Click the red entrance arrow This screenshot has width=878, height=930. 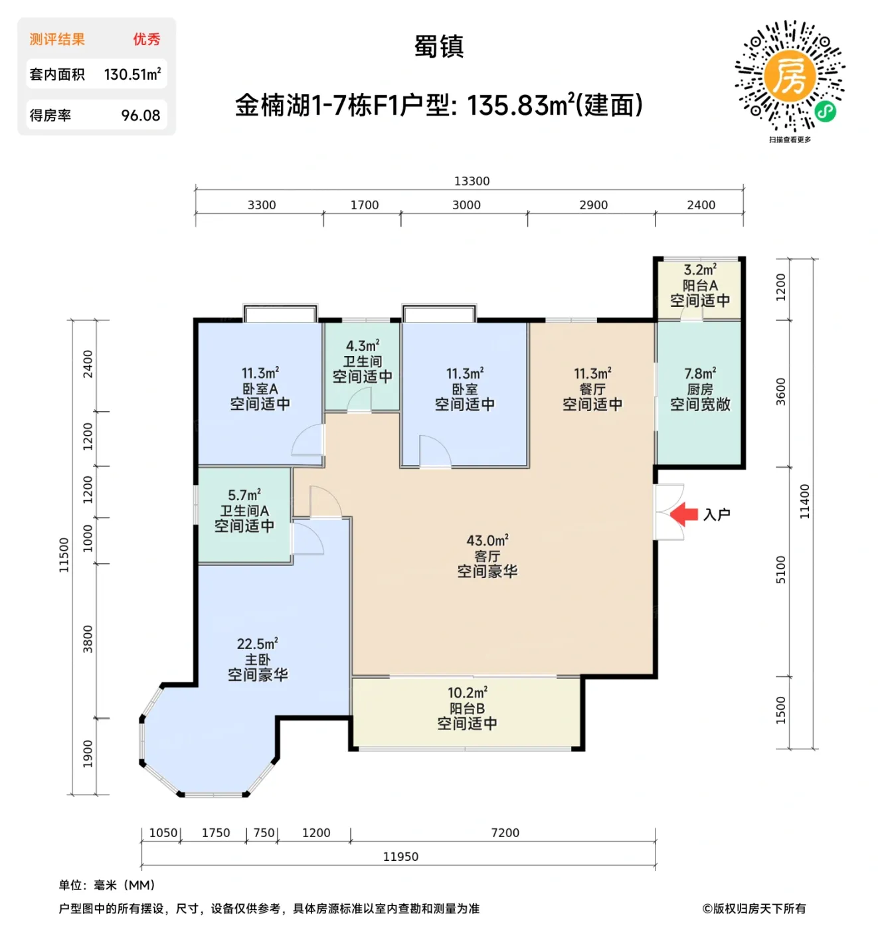[683, 514]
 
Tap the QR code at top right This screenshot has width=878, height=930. [790, 76]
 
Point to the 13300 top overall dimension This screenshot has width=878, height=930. [472, 181]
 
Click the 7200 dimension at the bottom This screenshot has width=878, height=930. [505, 832]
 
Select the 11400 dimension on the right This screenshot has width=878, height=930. [804, 502]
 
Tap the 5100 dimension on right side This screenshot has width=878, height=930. [780, 570]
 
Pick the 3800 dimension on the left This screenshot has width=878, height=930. [88, 639]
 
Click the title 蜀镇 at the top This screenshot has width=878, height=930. [439, 46]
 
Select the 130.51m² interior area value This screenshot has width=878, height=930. [132, 74]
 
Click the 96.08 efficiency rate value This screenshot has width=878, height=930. [140, 116]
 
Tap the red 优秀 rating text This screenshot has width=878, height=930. [146, 39]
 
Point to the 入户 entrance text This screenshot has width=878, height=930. [717, 515]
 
